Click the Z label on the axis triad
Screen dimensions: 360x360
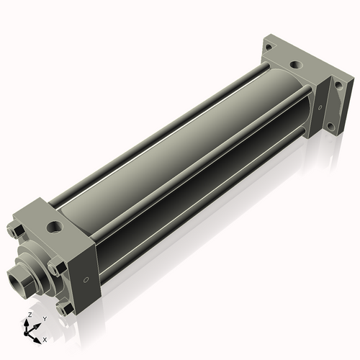pyautogui.click(x=29, y=315)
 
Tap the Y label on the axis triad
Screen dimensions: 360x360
pyautogui.click(x=44, y=318)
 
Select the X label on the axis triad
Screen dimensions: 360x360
pyautogui.click(x=45, y=338)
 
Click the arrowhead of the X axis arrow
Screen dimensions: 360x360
pyautogui.click(x=39, y=336)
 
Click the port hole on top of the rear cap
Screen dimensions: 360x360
pyautogui.click(x=294, y=65)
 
